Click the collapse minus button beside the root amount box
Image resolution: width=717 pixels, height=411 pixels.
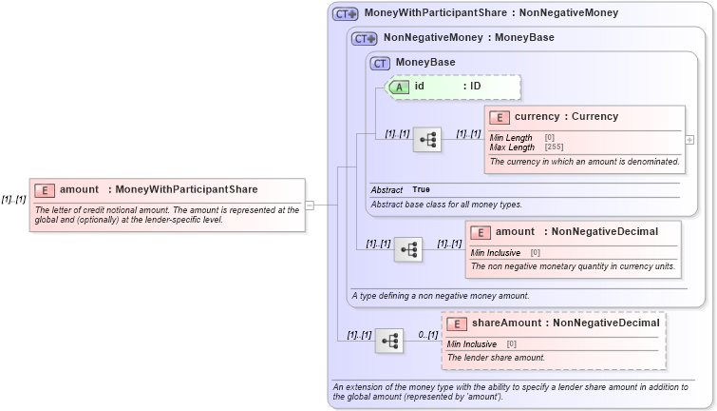[310, 204]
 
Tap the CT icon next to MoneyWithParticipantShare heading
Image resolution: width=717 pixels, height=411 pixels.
[345, 13]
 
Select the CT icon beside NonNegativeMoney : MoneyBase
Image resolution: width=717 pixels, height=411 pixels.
[365, 38]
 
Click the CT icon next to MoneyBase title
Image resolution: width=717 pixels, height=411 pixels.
[381, 63]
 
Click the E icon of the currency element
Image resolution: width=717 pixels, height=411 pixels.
[500, 117]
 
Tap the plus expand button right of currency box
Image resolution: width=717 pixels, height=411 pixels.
[689, 139]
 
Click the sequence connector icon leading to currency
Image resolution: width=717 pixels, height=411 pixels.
[427, 140]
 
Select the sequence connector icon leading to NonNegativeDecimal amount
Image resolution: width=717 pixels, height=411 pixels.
[408, 249]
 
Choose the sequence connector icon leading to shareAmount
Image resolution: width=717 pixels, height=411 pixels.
[389, 341]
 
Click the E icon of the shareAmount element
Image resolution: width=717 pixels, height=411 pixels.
[457, 323]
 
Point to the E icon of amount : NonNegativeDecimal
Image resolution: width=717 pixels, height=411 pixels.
[481, 232]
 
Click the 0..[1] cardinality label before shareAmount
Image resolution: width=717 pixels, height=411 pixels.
[427, 335]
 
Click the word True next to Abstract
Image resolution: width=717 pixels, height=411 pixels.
[421, 189]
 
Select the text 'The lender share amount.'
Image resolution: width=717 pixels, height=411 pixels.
[496, 358]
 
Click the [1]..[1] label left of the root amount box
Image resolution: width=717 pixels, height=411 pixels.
[13, 200]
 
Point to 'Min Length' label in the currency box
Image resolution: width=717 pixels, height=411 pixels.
[511, 138]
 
